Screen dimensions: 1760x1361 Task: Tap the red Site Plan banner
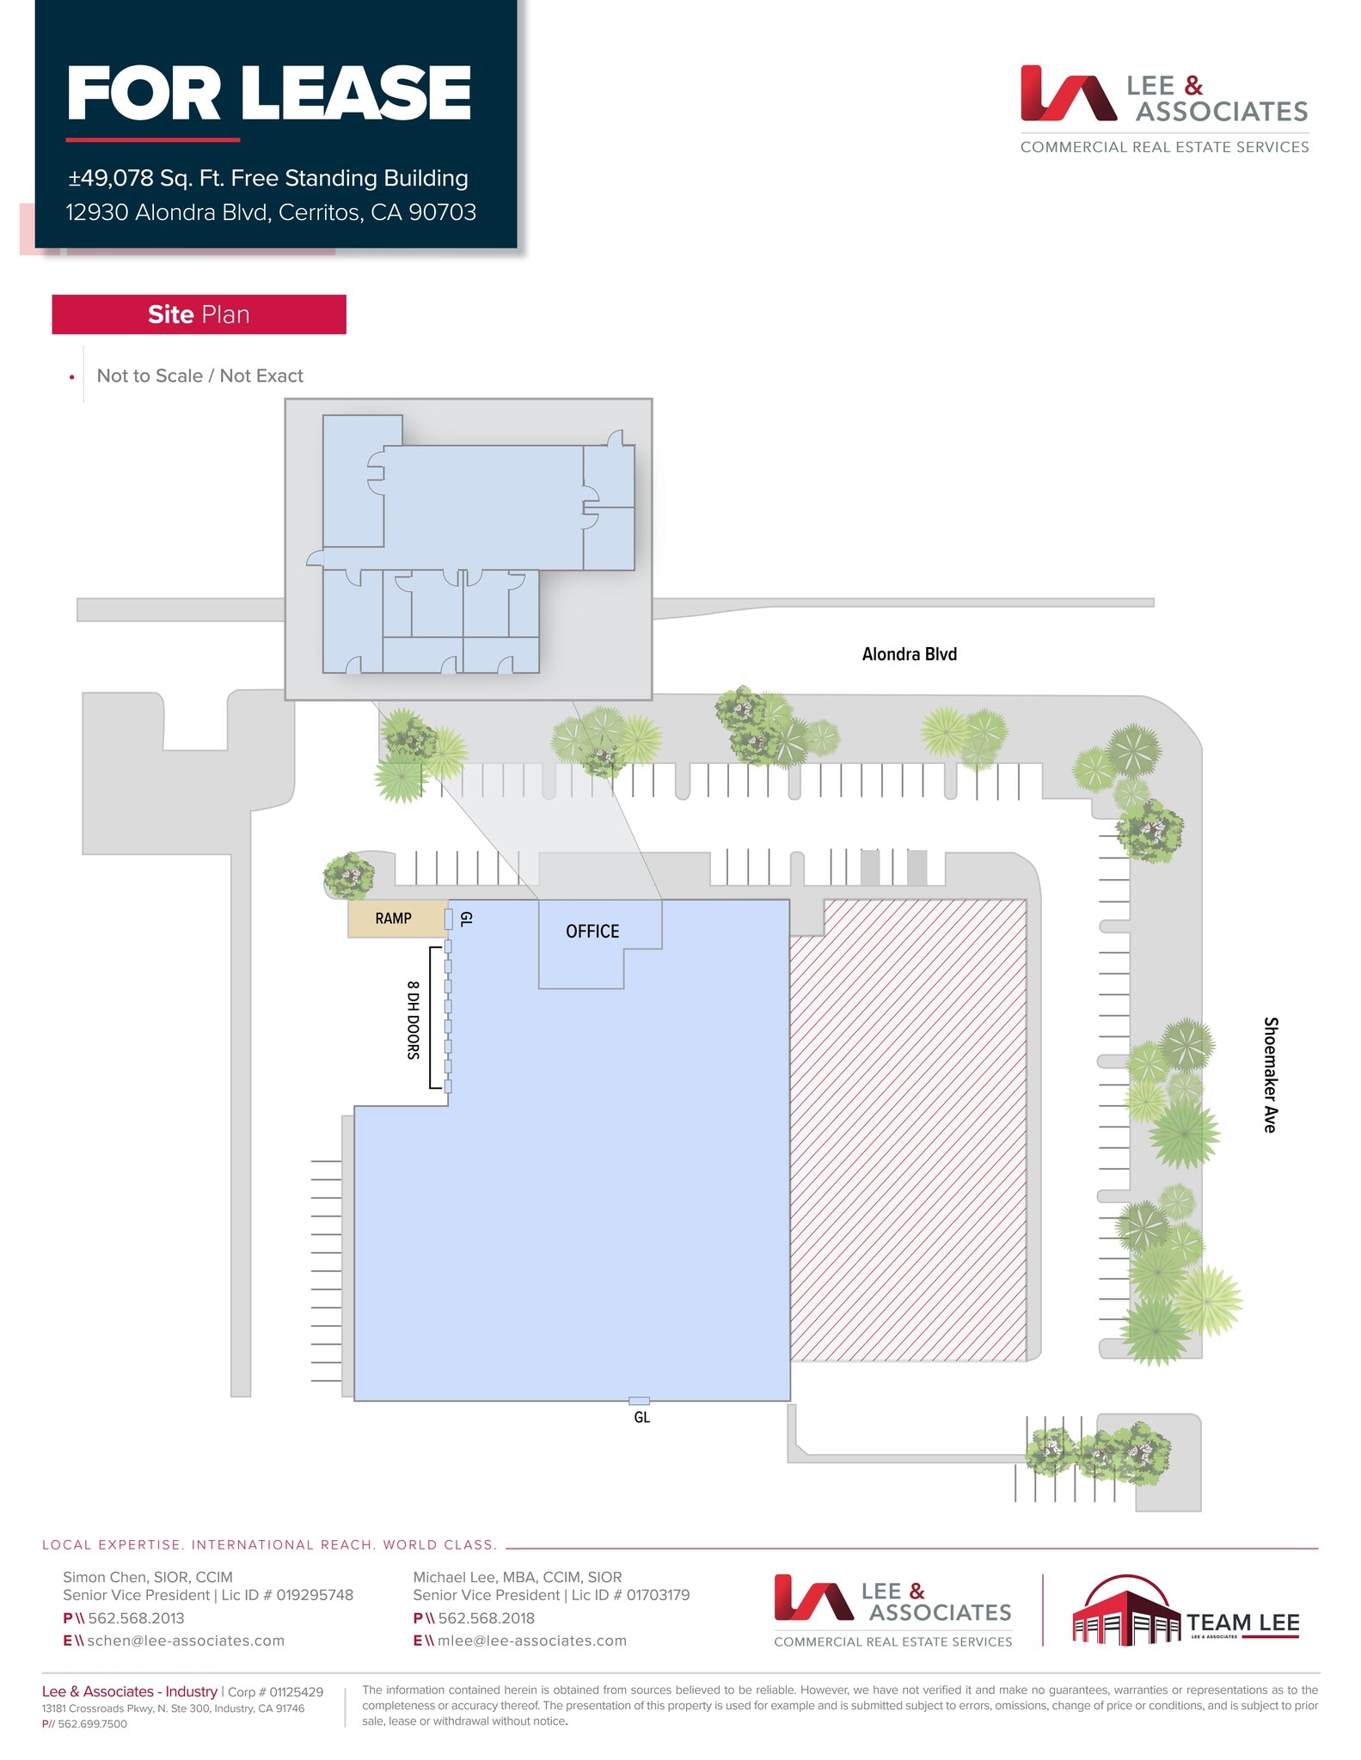coord(199,315)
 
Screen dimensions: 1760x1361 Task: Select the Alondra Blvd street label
coord(909,654)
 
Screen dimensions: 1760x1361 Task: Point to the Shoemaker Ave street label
coord(1270,1074)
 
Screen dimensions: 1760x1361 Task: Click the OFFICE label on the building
coord(592,932)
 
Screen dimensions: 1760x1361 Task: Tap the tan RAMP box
coord(394,919)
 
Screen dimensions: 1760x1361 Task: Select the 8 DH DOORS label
coord(414,1019)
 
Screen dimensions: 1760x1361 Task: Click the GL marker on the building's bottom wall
coord(639,1401)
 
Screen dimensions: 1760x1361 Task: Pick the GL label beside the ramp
coord(466,919)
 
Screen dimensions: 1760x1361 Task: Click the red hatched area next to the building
coord(908,1129)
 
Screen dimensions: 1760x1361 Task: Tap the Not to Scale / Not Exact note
coord(199,376)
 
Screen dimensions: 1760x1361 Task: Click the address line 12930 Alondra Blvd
coord(271,212)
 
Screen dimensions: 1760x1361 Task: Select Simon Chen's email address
coord(186,1641)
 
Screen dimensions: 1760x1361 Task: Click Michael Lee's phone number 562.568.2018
coord(487,1618)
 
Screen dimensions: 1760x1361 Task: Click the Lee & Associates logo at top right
coord(1164,109)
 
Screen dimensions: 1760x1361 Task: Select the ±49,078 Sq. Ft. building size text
coord(268,178)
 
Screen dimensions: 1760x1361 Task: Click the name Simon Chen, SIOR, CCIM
coord(148,1577)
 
